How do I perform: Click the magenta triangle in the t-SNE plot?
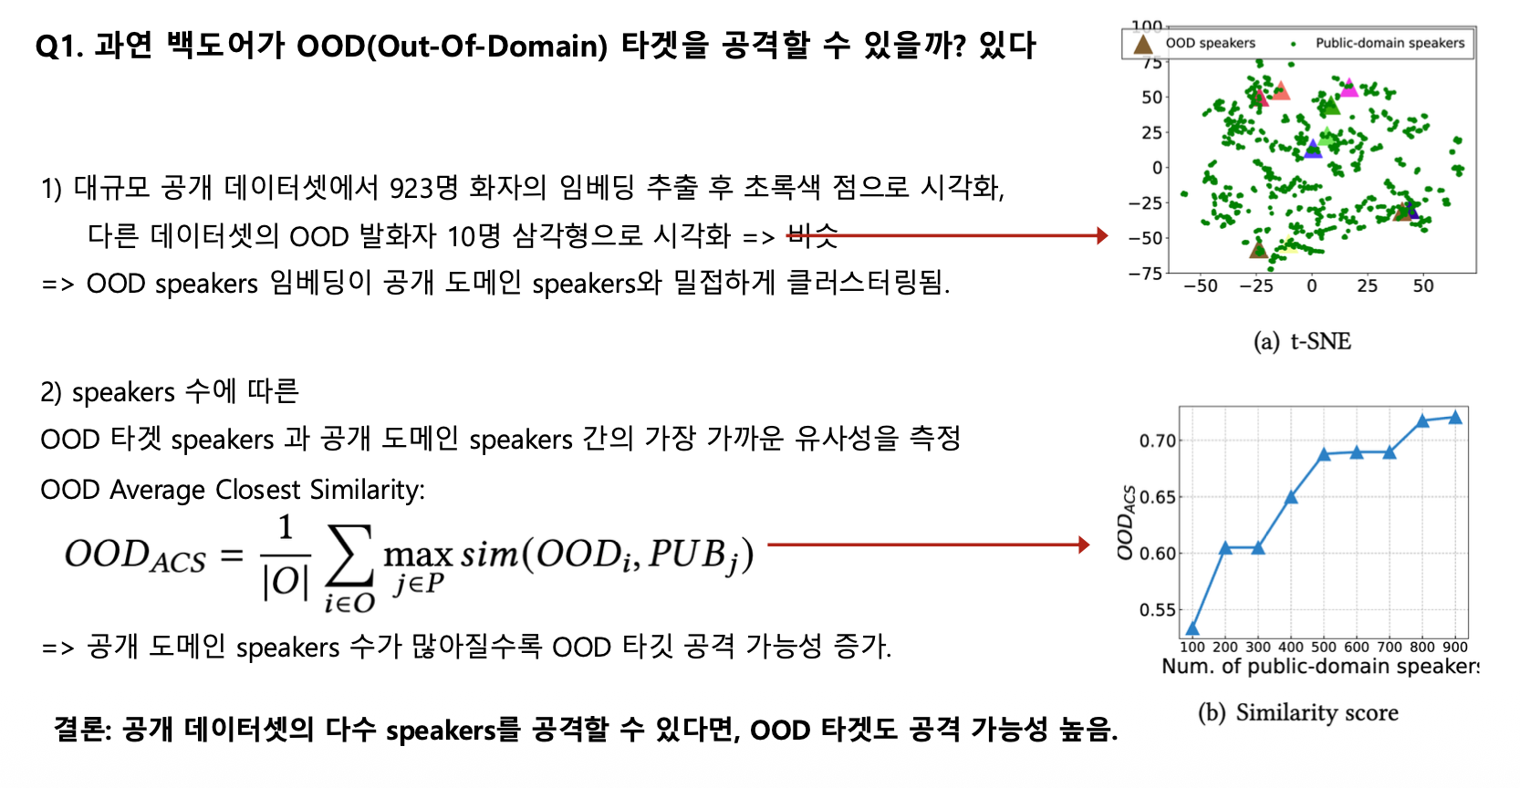1349,88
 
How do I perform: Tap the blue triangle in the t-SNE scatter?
1313,149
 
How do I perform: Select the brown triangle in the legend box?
1143,44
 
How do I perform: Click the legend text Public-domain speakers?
1390,43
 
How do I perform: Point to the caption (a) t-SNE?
1302,340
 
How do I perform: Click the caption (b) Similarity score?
1297,712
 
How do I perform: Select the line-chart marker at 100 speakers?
1192,628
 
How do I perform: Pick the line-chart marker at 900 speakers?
1455,417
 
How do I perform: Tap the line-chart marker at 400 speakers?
1291,496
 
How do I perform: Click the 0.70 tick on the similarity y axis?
1157,441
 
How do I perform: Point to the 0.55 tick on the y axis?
1157,609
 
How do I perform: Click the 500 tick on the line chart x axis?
1323,647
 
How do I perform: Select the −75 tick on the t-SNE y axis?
1145,274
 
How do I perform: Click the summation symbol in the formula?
349,556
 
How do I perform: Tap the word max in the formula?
418,555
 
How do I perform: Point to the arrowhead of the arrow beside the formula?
1084,544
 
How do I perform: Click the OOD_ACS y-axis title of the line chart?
1126,523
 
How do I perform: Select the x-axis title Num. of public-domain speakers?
1320,666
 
